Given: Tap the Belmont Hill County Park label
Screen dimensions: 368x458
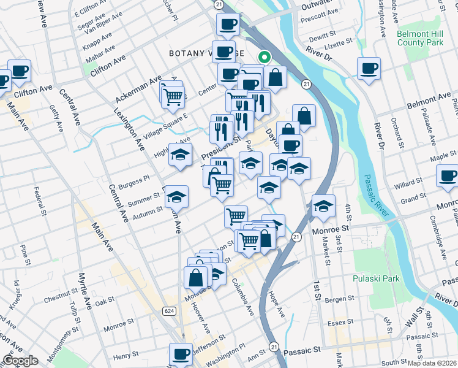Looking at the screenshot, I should [x=419, y=38].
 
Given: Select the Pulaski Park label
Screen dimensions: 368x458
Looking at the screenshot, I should [x=376, y=278].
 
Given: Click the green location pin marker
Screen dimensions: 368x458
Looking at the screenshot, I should [x=265, y=58].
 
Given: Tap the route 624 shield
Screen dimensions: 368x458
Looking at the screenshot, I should [x=170, y=311].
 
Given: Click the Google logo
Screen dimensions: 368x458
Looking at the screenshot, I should [x=20, y=361].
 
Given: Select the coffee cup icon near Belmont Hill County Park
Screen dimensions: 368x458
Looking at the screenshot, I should [x=369, y=69].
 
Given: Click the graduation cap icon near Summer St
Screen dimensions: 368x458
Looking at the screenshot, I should [x=177, y=197].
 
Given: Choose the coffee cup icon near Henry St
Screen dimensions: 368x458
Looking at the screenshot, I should [x=181, y=355].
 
